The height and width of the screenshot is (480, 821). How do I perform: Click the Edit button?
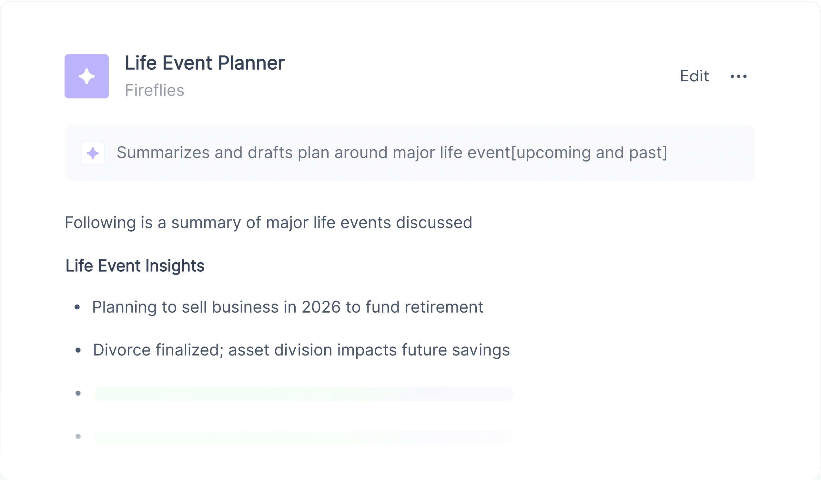point(694,76)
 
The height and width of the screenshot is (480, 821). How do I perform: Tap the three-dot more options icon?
point(739,76)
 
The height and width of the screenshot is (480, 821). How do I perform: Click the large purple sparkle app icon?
point(87,76)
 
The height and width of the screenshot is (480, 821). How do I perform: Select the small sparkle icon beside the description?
point(93,153)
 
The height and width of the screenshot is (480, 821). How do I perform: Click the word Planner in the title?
point(251,63)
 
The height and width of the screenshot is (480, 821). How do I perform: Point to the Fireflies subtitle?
point(155,90)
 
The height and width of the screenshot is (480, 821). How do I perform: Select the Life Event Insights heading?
point(135,266)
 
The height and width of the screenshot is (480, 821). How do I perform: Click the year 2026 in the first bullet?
point(321,307)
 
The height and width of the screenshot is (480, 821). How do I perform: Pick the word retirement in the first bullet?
point(444,307)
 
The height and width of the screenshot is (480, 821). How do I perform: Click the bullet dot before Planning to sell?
point(77,307)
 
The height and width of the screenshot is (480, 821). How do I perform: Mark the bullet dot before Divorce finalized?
point(78,350)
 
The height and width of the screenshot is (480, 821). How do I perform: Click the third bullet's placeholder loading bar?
point(304,394)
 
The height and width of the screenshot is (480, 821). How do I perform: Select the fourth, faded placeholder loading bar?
point(304,437)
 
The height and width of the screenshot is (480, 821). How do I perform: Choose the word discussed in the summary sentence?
point(434,223)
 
